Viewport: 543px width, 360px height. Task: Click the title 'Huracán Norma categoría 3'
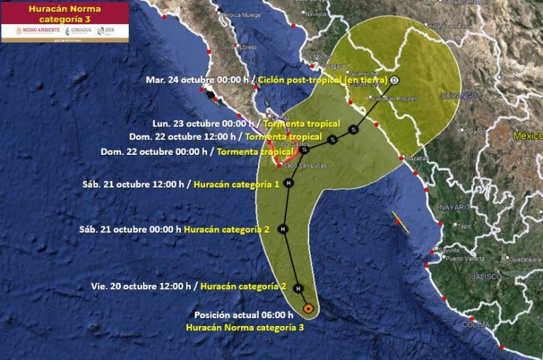64,13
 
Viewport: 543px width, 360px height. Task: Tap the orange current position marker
308,308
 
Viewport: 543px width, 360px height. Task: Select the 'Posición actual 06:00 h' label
243,315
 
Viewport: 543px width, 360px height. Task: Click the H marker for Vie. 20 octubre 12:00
298,289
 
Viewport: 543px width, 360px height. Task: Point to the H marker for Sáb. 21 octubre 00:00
283,229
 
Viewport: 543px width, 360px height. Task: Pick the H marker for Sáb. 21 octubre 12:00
288,183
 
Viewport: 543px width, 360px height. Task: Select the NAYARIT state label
452,207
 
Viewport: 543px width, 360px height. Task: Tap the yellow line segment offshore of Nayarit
401,221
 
